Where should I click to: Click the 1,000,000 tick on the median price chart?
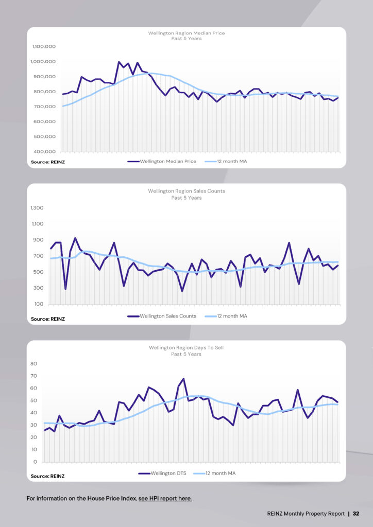[x=44, y=61]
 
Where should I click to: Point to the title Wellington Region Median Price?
[x=186, y=33]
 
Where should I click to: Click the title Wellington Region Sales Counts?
[x=186, y=191]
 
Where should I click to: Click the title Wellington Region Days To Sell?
[x=186, y=348]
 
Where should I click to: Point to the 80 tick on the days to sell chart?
[x=34, y=363]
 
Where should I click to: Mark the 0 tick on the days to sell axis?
[x=36, y=462]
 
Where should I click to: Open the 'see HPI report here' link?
[x=165, y=499]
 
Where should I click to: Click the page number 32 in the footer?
[x=355, y=514]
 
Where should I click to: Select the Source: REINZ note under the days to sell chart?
[x=48, y=477]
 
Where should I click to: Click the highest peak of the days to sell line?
[x=183, y=379]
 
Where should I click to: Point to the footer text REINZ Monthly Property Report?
[x=306, y=514]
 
